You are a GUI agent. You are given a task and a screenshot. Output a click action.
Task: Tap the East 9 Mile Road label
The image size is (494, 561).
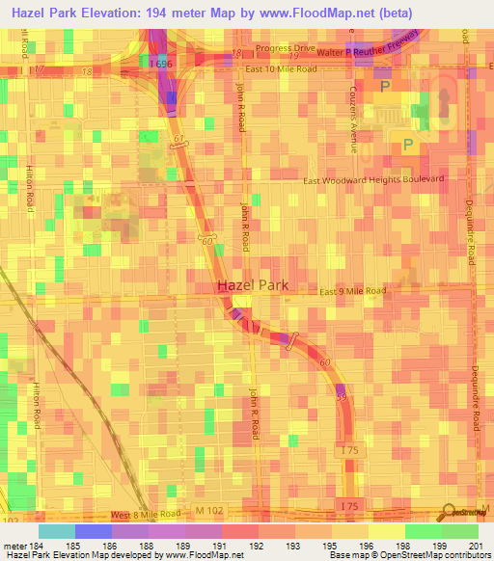tap(353, 291)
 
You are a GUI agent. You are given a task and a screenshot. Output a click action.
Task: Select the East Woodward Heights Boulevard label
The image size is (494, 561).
tap(373, 179)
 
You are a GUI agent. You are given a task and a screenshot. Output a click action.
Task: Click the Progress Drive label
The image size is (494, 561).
tap(285, 48)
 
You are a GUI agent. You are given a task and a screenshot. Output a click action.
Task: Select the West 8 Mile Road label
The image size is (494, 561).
tap(146, 516)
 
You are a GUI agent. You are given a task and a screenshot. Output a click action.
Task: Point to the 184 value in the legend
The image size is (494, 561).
tap(36, 547)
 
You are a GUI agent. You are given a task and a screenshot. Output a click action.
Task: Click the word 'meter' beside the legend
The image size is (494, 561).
tap(14, 547)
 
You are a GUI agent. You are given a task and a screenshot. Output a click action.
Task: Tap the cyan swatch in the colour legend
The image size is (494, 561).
tap(56, 531)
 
